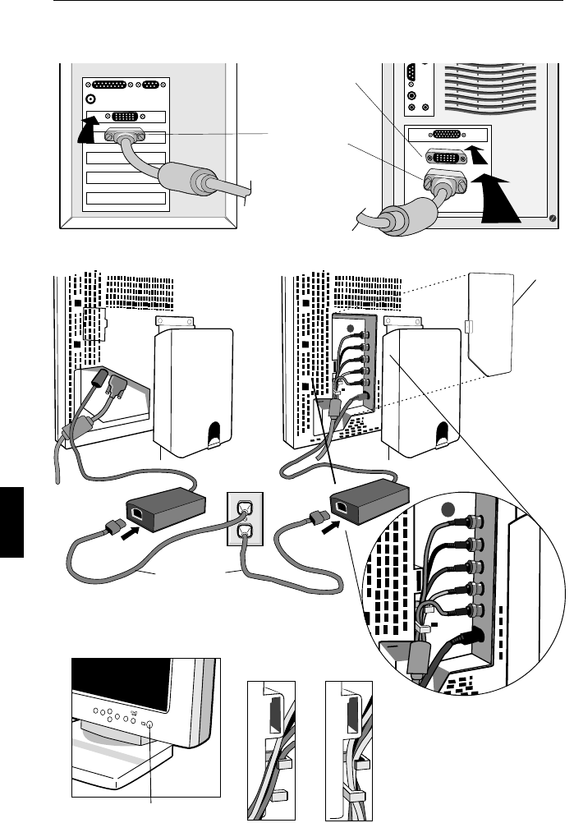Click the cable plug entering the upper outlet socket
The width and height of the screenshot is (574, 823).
(243, 511)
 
